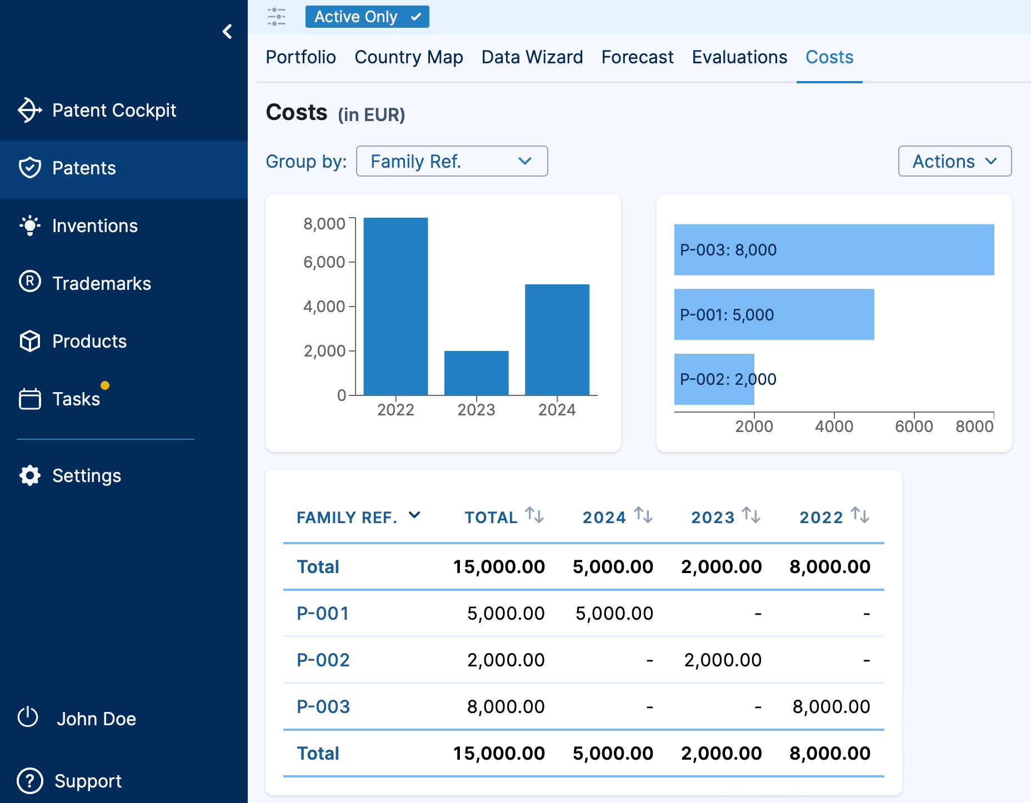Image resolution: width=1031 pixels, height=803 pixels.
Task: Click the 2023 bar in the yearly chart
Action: point(476,373)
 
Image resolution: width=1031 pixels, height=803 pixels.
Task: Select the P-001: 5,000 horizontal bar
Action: point(774,314)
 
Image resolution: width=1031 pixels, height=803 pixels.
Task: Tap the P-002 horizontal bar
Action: point(714,379)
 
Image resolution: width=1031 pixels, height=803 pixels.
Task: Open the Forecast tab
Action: point(637,57)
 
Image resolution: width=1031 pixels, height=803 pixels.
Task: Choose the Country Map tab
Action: point(408,57)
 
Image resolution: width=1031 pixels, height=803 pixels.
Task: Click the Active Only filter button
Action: point(367,17)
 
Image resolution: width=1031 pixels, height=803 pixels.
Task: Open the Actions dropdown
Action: point(954,161)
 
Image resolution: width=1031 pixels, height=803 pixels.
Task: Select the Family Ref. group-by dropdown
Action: point(452,161)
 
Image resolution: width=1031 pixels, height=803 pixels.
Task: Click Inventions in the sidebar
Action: point(94,226)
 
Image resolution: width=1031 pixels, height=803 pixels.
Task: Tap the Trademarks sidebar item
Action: point(101,284)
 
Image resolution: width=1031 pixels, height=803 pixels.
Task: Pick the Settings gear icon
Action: point(30,475)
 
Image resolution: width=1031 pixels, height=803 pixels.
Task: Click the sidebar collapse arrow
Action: point(227,32)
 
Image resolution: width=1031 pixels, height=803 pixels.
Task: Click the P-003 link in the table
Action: point(323,706)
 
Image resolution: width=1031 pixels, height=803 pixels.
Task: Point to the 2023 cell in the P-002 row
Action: point(722,660)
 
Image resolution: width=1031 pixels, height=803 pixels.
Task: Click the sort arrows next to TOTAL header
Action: point(534,515)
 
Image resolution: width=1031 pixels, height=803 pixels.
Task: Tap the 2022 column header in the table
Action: point(821,517)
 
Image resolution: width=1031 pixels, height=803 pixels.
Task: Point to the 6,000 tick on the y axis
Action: point(324,262)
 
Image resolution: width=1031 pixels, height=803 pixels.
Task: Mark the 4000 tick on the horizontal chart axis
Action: point(834,426)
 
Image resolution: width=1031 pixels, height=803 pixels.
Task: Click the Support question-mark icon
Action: point(30,781)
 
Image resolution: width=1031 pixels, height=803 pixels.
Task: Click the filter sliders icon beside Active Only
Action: point(277,17)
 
